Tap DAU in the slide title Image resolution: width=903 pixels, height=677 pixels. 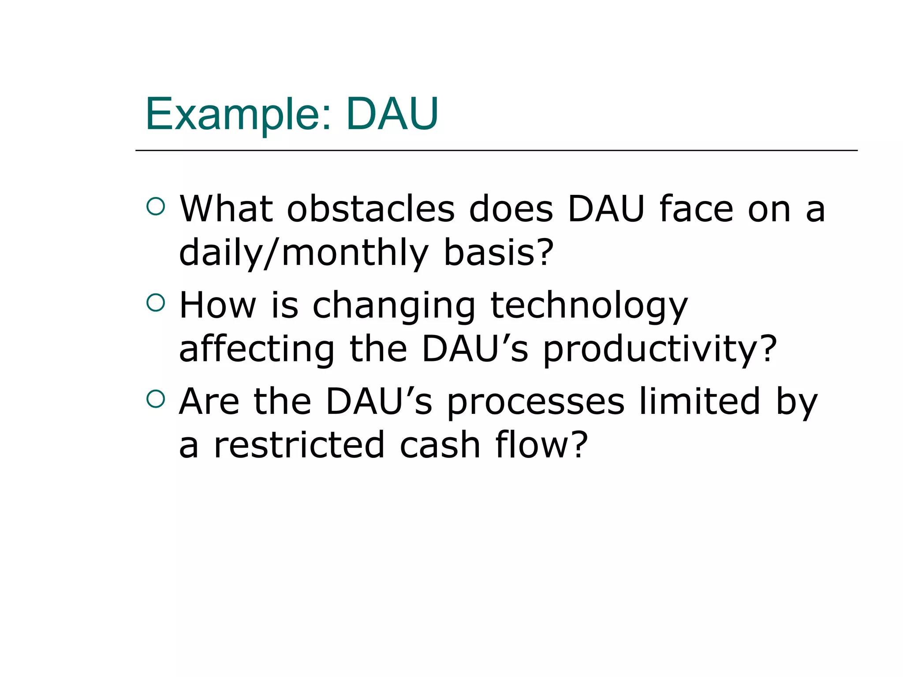392,115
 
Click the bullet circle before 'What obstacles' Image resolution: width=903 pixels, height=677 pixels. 156,206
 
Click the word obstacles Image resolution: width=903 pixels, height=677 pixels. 370,209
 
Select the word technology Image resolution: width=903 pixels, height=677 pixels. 589,306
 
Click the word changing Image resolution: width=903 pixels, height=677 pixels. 394,306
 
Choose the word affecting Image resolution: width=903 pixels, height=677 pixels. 257,349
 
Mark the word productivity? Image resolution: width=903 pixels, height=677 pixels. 660,349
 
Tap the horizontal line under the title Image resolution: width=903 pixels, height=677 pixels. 496,150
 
